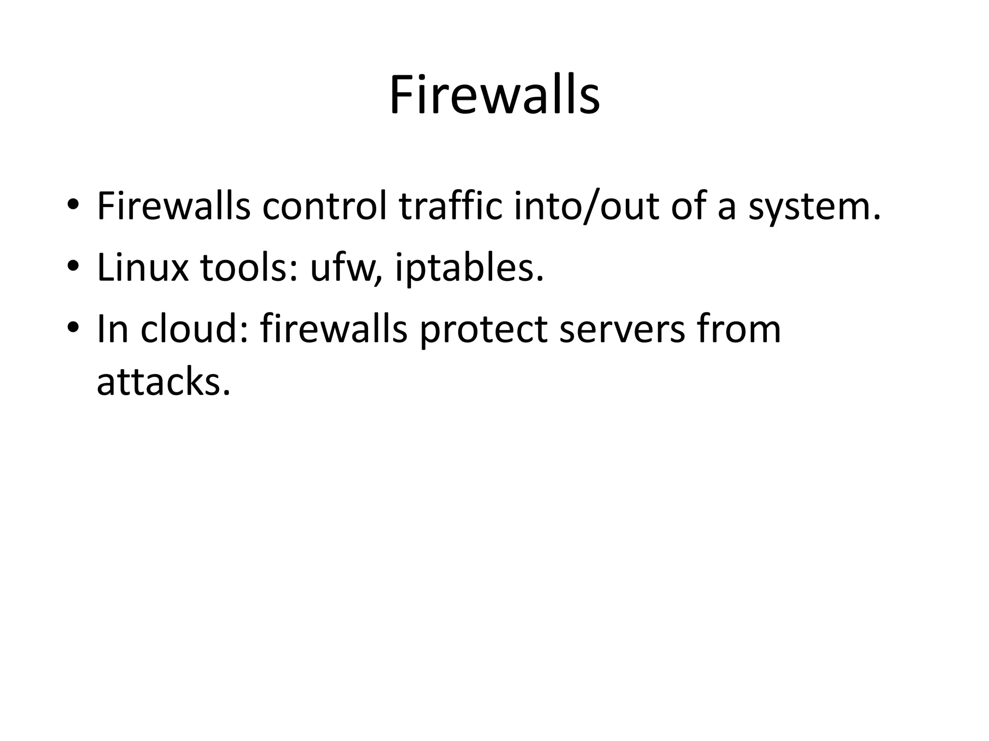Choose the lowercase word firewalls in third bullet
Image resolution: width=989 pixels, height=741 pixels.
click(x=334, y=329)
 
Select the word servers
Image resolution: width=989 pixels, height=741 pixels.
click(x=622, y=330)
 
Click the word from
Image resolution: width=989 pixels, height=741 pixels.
click(x=739, y=329)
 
